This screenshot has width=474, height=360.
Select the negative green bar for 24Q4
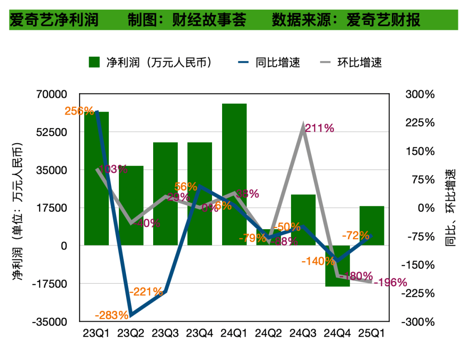(337, 266)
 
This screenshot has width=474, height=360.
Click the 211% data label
(320, 128)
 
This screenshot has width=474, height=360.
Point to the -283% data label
(111, 315)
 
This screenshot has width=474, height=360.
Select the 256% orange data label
(79, 111)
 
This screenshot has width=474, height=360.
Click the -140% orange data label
(318, 261)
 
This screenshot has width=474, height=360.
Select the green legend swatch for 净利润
(94, 62)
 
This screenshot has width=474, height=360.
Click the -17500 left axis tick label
(51, 284)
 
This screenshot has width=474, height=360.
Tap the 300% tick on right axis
(420, 94)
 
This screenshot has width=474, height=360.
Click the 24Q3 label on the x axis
(303, 333)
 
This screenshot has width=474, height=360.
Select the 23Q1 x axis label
(97, 333)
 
